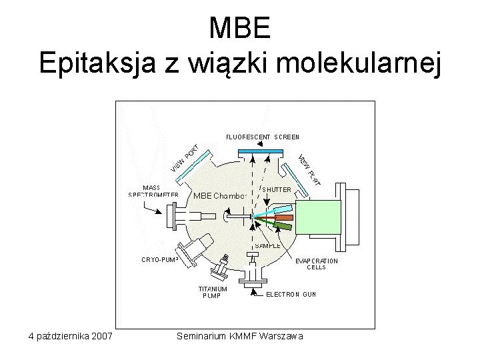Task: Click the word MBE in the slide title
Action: (239, 28)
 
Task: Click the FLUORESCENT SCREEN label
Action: (262, 137)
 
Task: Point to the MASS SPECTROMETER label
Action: (153, 191)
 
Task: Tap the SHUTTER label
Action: (276, 189)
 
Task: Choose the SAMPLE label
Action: (268, 245)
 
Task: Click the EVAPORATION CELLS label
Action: (316, 265)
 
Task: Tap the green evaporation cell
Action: (285, 227)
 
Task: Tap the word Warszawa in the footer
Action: (281, 335)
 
